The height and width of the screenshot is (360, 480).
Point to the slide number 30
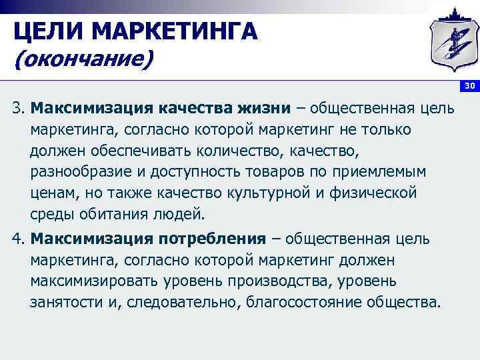coord(469,86)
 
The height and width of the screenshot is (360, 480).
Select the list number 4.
coord(18,238)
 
